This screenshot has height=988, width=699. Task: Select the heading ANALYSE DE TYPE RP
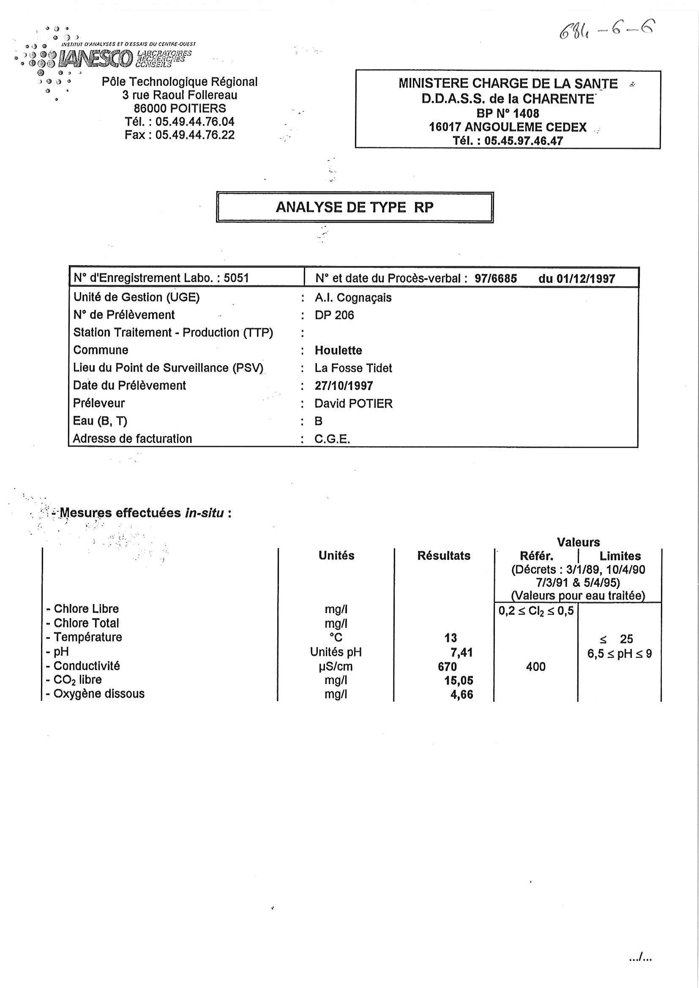(x=355, y=207)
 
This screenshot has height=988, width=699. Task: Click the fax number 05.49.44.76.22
(x=195, y=135)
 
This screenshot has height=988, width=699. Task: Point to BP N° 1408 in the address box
(x=508, y=113)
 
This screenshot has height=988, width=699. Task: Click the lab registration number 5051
(x=236, y=278)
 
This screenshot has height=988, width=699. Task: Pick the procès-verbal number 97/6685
(x=495, y=278)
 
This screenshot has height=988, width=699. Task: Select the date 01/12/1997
(x=585, y=278)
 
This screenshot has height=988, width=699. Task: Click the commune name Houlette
(x=338, y=350)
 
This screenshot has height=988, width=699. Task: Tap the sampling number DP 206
(x=334, y=315)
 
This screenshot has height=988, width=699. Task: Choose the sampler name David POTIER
(x=353, y=404)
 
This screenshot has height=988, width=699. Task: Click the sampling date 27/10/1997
(x=344, y=385)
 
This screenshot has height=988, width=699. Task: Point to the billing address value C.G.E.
(x=332, y=439)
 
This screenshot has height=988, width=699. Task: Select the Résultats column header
(x=444, y=556)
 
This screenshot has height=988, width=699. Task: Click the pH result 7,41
(x=461, y=652)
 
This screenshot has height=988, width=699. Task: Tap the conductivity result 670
(x=447, y=667)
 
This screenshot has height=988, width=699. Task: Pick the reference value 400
(x=535, y=667)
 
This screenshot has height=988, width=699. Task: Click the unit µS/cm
(x=336, y=667)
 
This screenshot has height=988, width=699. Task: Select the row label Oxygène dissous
(x=98, y=694)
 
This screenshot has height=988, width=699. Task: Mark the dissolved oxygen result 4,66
(x=461, y=695)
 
